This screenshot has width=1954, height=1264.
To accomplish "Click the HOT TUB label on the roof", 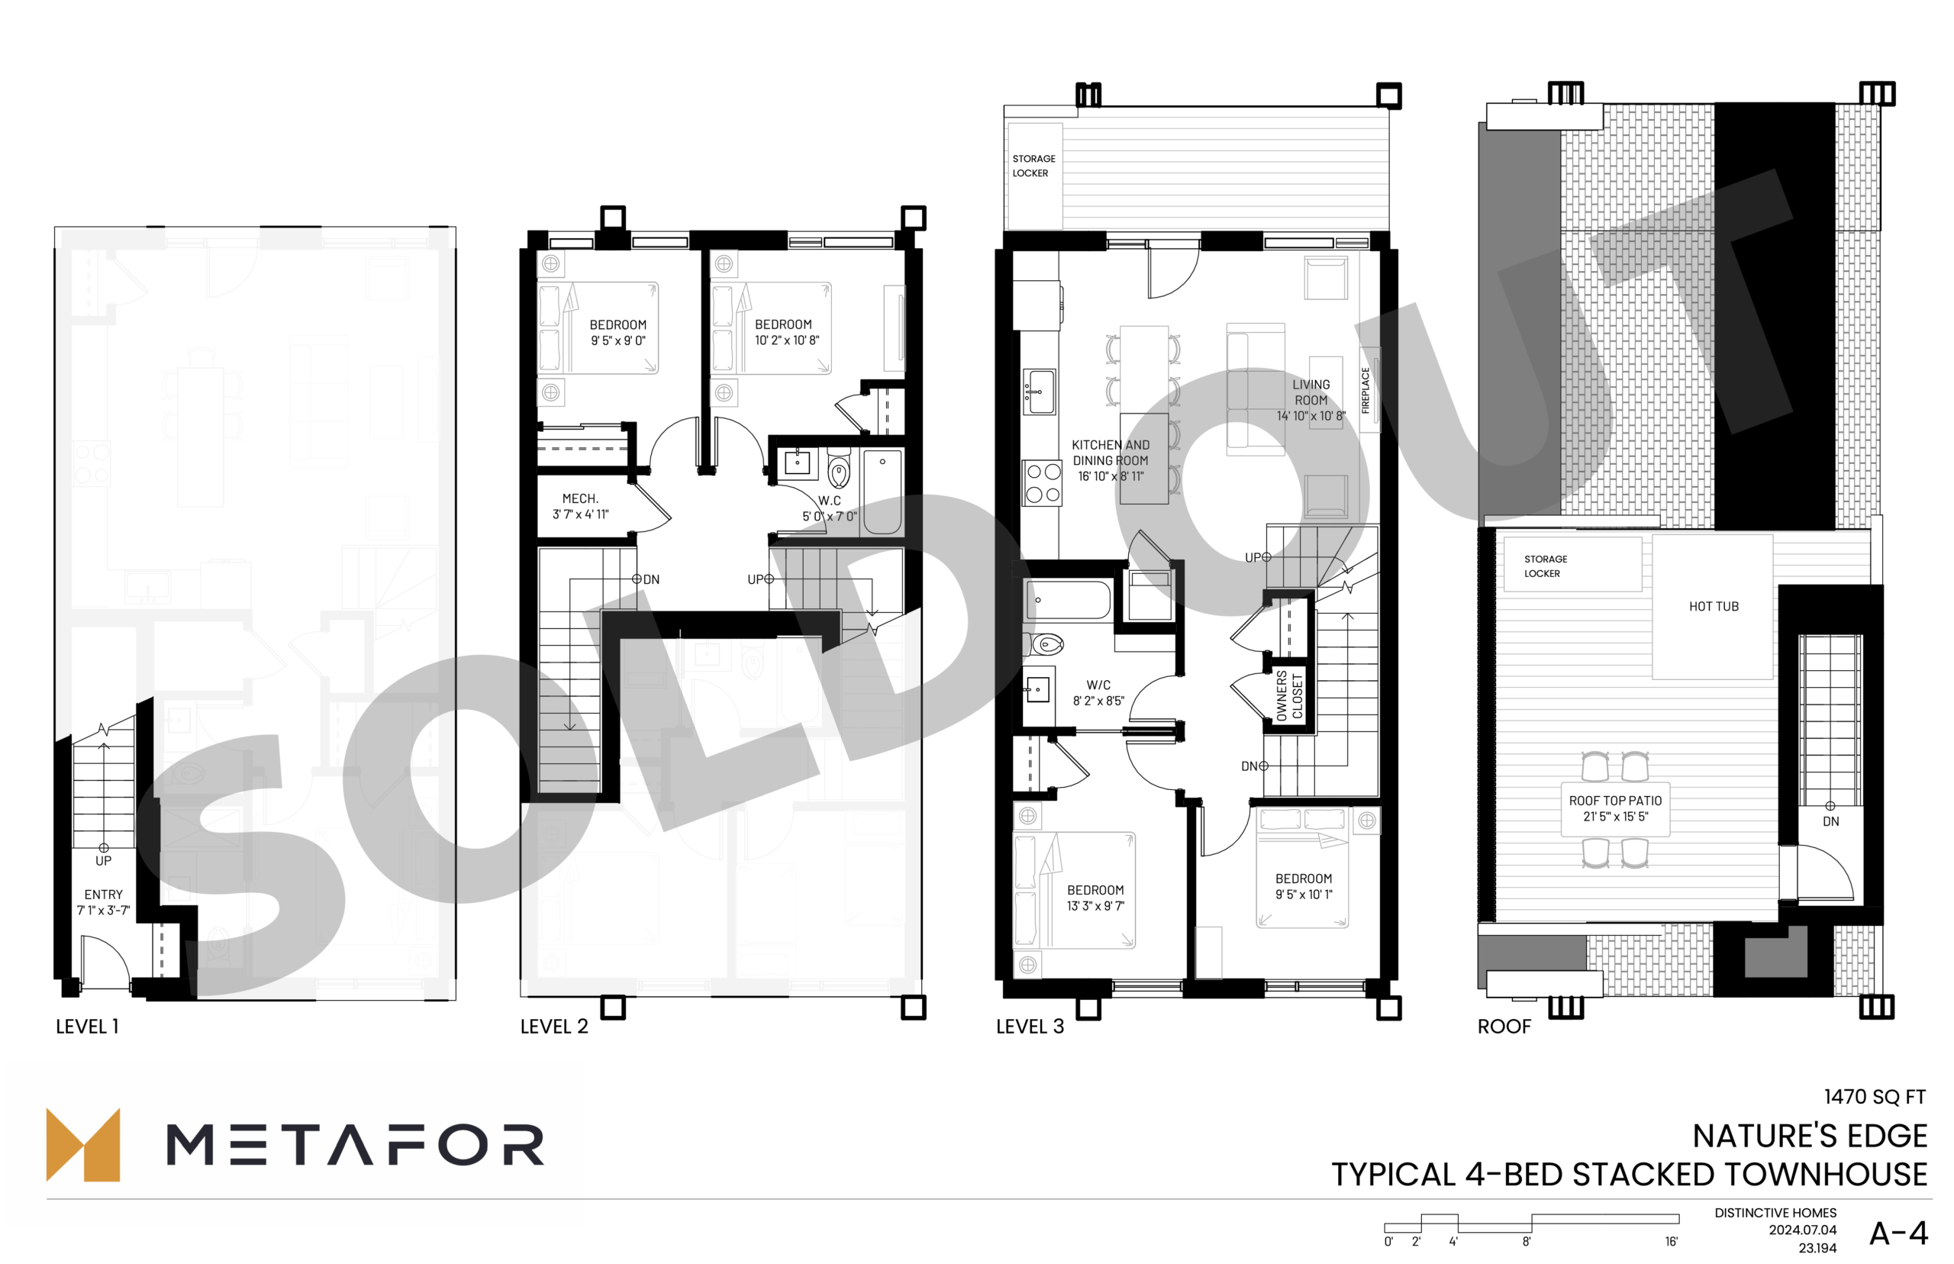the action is point(1713,607).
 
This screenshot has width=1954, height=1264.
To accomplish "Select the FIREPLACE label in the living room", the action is point(1366,390).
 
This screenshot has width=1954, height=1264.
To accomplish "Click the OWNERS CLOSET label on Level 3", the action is point(1288,696).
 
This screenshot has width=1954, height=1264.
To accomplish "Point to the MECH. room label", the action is point(580,499).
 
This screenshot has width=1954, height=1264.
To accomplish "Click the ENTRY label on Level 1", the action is point(103,895).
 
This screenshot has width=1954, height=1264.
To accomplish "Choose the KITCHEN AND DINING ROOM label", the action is point(1111,453).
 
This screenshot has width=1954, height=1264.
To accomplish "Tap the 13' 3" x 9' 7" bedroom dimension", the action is point(1095,906).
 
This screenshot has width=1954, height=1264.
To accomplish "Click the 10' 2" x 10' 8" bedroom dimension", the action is point(787,340).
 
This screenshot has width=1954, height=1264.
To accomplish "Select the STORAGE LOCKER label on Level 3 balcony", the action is point(1033,166).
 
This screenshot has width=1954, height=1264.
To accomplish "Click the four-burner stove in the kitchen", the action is point(1042,482).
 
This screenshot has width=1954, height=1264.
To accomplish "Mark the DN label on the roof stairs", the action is point(1831,821).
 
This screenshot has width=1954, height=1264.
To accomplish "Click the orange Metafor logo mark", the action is point(83,1145).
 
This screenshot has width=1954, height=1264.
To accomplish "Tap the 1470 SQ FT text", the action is point(1875,1097).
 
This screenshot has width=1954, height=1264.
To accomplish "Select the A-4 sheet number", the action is point(1898,1233).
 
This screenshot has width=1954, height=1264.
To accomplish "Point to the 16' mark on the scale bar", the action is point(1672,1242).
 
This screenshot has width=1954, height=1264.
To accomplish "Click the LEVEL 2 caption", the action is point(554,1027).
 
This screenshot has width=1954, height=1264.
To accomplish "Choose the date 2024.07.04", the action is point(1802,1230).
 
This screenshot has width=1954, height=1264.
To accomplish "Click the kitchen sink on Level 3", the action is point(1039,392).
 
